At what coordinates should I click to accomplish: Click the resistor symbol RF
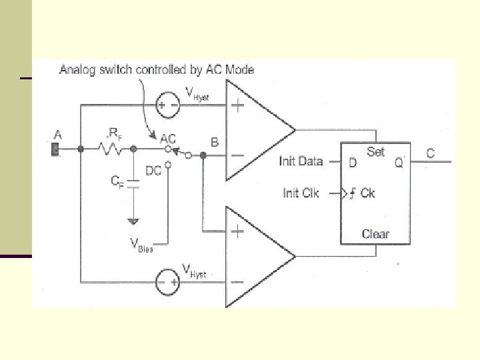[111, 149]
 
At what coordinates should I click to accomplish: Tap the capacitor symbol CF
[133, 183]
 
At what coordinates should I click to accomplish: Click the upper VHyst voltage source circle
[167, 105]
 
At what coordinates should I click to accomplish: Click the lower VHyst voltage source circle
[167, 282]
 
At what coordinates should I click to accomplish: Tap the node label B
[215, 142]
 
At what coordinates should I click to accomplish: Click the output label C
[431, 154]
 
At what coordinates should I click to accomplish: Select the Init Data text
[301, 161]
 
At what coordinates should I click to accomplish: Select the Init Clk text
[301, 193]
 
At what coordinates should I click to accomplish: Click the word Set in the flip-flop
[376, 151]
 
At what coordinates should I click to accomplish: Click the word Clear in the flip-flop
[375, 234]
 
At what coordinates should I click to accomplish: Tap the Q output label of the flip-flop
[399, 162]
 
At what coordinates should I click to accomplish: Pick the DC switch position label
[153, 171]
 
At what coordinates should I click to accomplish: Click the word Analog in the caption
[78, 69]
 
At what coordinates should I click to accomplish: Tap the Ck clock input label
[367, 193]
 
